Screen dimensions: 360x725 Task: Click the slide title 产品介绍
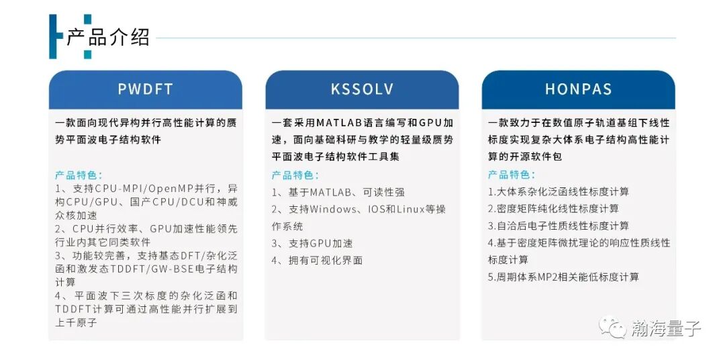click(x=107, y=37)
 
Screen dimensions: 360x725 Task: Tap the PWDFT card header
click(x=145, y=89)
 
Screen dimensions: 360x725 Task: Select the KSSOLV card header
click(x=362, y=89)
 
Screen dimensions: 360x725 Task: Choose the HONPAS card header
click(x=578, y=89)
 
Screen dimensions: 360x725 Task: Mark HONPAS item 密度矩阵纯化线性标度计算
click(x=554, y=209)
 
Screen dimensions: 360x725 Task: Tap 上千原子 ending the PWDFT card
click(x=77, y=323)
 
